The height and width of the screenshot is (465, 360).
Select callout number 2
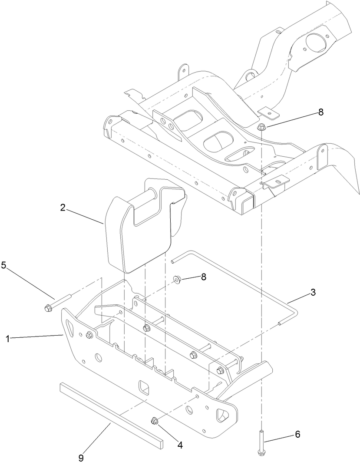click(x=63, y=208)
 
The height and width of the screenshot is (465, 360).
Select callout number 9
click(x=81, y=457)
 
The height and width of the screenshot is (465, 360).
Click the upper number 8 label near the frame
click(x=320, y=112)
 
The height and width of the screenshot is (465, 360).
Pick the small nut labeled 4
click(x=154, y=420)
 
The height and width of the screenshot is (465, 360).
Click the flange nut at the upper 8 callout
click(x=261, y=127)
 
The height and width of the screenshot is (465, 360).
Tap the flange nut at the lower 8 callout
click(x=178, y=279)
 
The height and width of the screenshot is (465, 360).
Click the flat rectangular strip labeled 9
click(x=111, y=415)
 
